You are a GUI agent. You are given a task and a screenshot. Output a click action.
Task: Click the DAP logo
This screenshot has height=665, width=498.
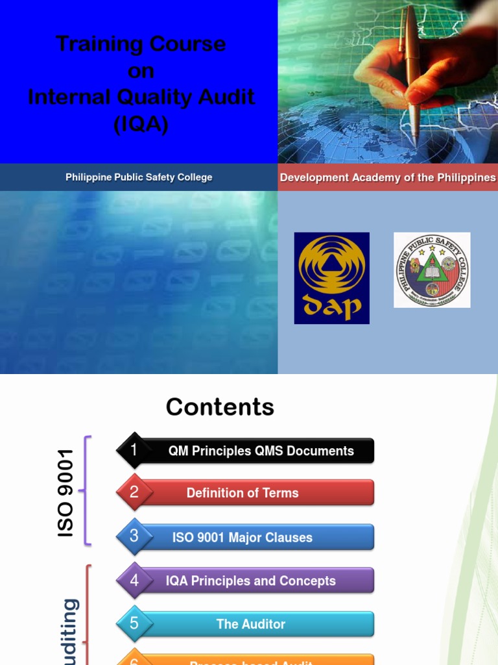(331, 278)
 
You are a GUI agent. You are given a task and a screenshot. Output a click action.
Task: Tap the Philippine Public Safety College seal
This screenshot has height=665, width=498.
(432, 270)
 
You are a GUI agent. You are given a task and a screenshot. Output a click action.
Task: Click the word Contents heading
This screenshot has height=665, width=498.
(220, 407)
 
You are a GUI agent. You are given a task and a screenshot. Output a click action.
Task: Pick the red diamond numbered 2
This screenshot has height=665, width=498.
(134, 492)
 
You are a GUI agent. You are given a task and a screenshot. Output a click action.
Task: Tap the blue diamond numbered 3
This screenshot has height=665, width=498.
(134, 536)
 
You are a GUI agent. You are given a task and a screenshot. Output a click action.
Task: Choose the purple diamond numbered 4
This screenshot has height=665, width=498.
(134, 581)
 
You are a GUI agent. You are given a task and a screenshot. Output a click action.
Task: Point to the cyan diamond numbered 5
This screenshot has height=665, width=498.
(134, 623)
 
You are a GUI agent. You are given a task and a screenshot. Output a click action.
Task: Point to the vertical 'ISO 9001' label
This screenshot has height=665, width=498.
(66, 493)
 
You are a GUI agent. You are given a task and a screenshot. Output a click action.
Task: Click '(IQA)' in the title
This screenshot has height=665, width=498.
(141, 123)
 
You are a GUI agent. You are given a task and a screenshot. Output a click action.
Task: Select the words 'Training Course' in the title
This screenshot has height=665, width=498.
(141, 44)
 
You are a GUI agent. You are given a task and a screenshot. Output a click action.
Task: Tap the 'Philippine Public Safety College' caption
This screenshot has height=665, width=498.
(139, 177)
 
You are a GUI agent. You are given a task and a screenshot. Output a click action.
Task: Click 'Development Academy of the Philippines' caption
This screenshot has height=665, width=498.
(388, 177)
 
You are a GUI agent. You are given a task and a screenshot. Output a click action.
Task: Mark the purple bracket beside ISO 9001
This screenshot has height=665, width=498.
(87, 490)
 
